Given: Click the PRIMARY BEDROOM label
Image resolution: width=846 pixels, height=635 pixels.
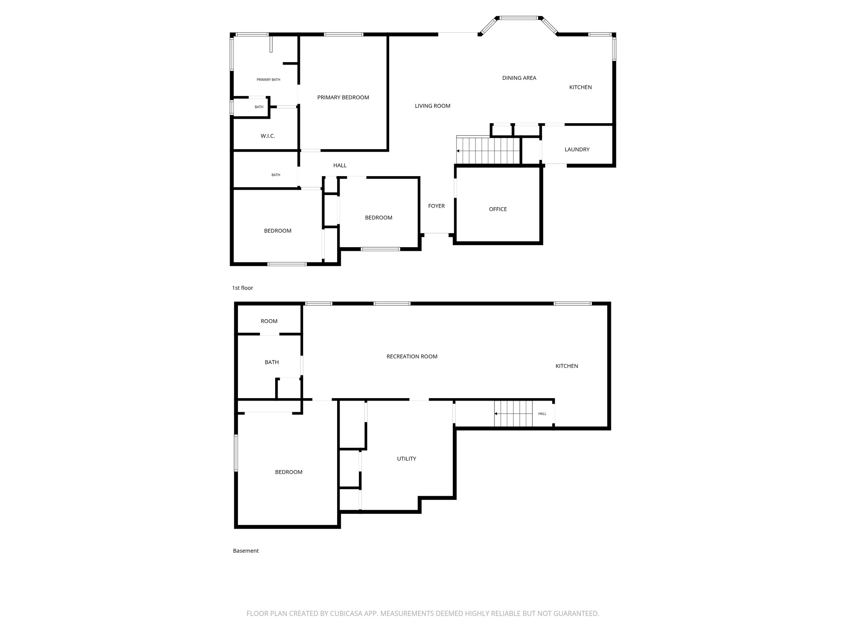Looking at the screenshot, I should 343,98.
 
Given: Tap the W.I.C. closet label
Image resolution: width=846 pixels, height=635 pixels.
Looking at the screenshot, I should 268,136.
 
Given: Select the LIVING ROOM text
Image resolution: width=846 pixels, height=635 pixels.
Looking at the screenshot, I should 433,106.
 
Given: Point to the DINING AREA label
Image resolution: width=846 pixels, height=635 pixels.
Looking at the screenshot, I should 519,78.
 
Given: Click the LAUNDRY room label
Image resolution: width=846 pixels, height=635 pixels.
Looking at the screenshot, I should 577,150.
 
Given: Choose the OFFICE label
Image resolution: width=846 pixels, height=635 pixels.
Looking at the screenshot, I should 498,209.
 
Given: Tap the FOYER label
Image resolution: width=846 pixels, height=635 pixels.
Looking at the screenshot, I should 436,206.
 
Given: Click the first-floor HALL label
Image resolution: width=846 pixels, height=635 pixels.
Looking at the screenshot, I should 340,165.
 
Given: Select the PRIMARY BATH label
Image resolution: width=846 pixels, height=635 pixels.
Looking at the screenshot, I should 269,80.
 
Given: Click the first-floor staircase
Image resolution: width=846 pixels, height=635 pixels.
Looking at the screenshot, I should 488,150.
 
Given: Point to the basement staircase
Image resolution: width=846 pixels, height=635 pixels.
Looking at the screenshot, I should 513,413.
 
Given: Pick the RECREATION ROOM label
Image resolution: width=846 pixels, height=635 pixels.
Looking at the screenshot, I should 412,356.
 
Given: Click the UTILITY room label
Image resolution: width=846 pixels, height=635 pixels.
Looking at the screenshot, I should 406,458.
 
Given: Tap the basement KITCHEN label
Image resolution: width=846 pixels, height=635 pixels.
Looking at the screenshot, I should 566,366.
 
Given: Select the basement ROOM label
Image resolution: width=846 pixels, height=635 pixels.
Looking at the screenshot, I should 269,321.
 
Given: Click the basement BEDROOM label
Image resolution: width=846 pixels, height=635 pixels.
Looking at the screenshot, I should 288,472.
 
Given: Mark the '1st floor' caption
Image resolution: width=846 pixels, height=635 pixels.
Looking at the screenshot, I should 242,288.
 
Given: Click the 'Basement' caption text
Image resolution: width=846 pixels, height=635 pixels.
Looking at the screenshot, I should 246,551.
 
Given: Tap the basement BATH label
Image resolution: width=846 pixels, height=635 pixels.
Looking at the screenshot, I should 271,362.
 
